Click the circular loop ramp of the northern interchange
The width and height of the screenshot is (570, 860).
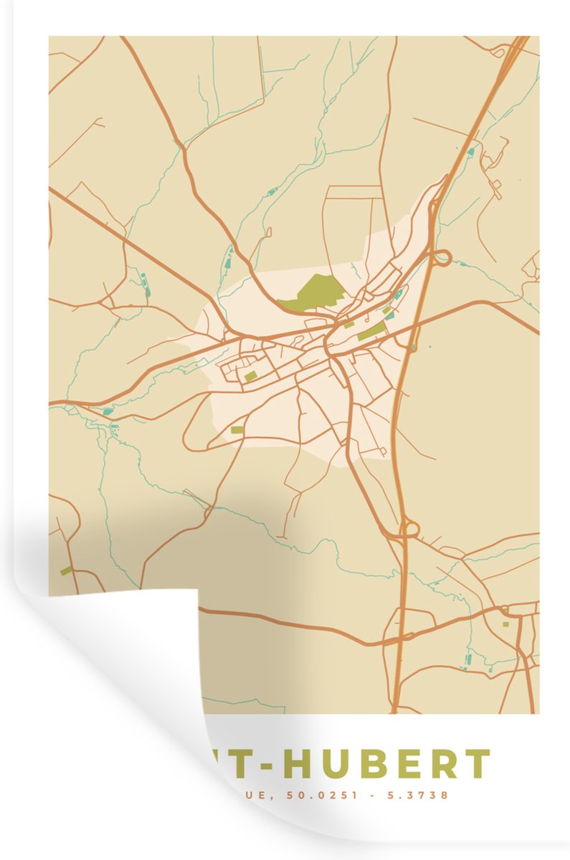pyautogui.click(x=442, y=257)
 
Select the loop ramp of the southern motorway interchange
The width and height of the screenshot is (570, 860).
pyautogui.click(x=410, y=530)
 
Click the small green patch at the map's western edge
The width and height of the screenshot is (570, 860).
pyautogui.click(x=66, y=570)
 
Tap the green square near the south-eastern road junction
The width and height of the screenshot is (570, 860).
pyautogui.click(x=505, y=623)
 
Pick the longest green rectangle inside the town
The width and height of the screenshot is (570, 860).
pyautogui.click(x=371, y=331)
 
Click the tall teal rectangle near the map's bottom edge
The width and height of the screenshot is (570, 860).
pyautogui.click(x=467, y=659)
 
